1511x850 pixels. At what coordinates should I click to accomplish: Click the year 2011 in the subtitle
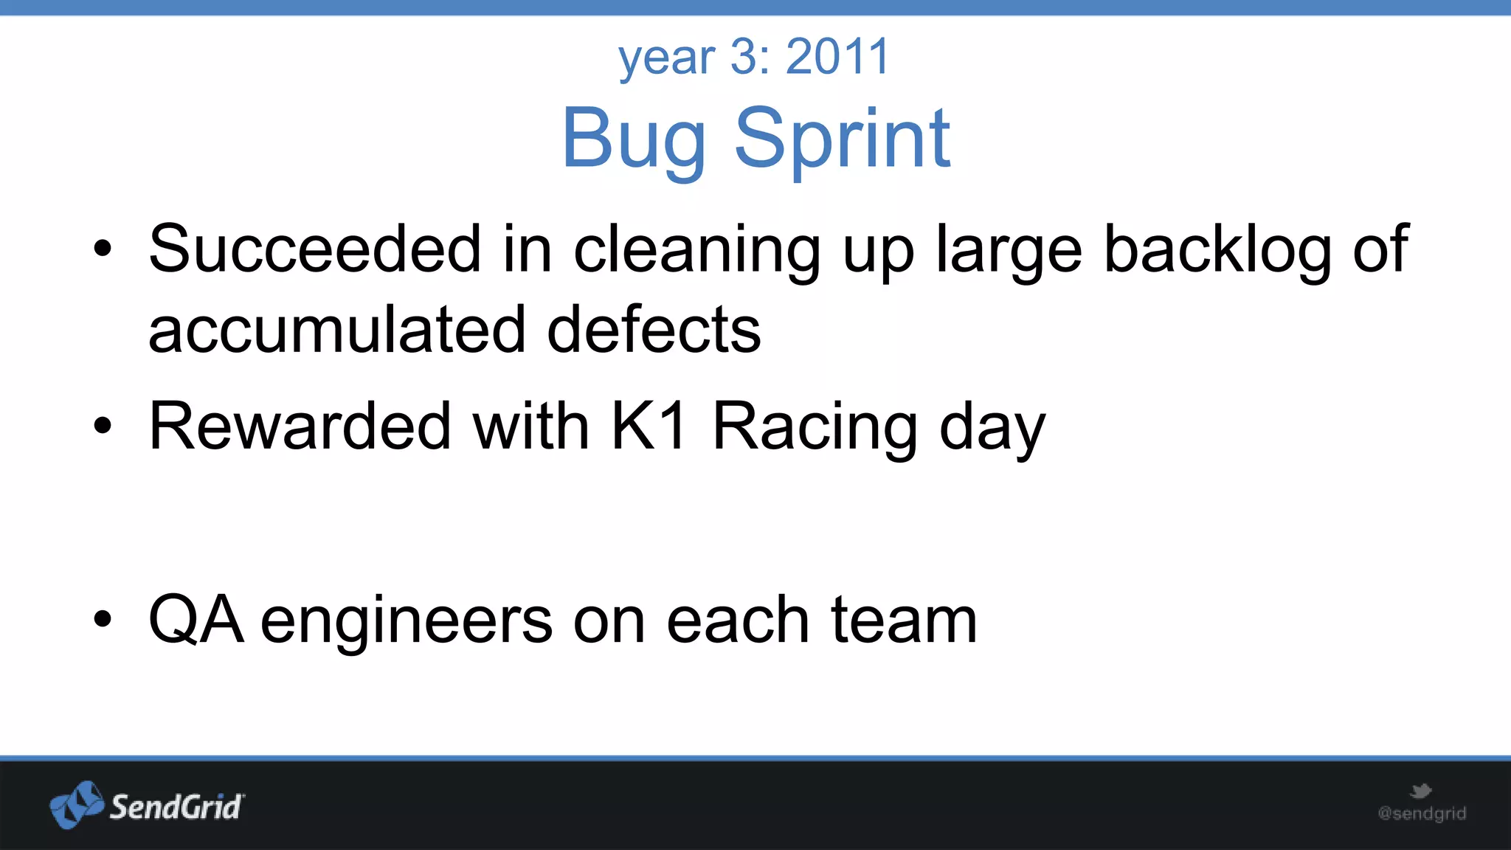click(837, 57)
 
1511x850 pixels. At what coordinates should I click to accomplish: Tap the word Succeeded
click(315, 249)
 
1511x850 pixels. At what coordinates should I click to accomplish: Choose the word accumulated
click(337, 330)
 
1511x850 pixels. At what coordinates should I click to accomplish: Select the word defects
click(654, 330)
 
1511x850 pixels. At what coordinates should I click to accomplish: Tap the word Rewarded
click(300, 426)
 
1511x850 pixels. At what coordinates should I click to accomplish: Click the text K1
click(649, 426)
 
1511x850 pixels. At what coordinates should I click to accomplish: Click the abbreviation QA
click(196, 620)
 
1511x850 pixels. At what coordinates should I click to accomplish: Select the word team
click(904, 620)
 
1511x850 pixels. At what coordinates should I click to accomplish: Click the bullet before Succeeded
click(103, 249)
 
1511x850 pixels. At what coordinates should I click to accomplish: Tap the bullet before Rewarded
click(103, 426)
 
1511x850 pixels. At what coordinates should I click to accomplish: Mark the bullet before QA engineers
click(103, 620)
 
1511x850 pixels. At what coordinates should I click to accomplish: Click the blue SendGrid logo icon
click(77, 804)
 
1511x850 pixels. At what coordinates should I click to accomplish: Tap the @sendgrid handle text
click(1422, 813)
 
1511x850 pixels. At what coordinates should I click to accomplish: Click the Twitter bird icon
click(1420, 792)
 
